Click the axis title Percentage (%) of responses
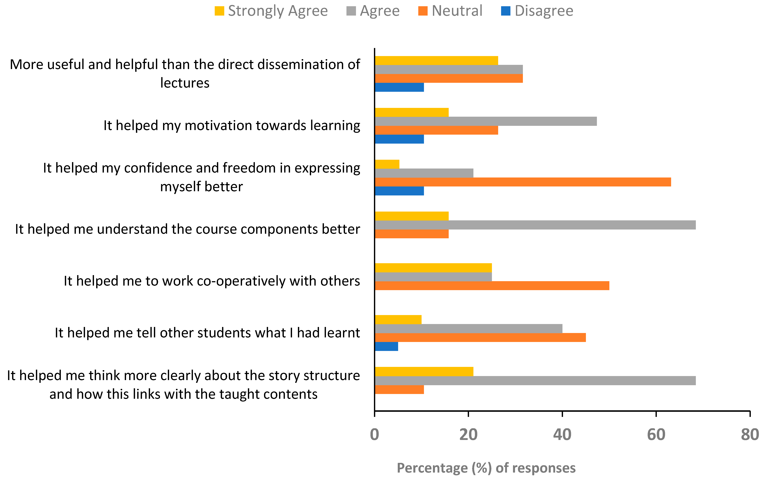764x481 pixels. tap(486, 468)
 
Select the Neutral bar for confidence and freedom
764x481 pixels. tap(523, 182)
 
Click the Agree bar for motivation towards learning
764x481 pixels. tap(486, 121)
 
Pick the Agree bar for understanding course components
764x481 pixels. tap(535, 225)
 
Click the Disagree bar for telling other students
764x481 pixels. tap(386, 346)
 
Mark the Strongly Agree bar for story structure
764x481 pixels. tap(424, 371)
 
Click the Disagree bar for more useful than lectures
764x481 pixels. tap(399, 87)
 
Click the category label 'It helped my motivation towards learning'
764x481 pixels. tap(232, 125)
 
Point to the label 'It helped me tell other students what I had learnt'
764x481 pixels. tap(207, 333)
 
